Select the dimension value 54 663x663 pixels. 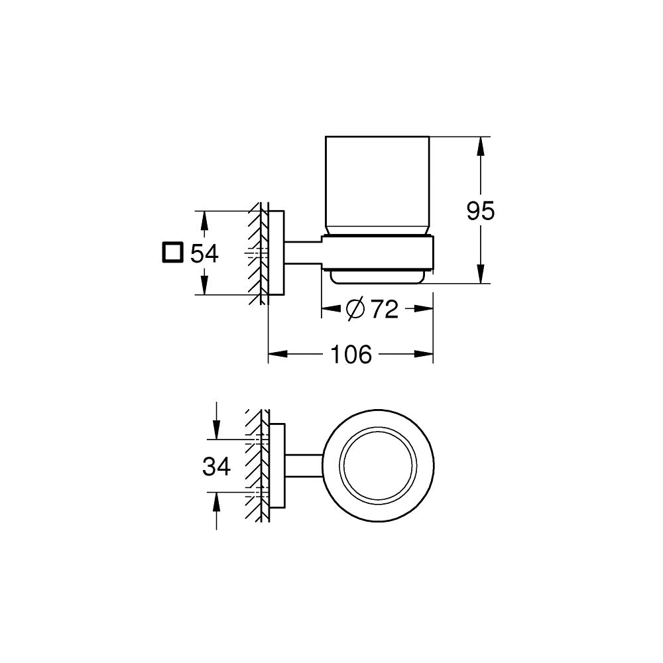[204, 253]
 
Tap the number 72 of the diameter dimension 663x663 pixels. [384, 308]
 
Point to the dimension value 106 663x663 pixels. [351, 355]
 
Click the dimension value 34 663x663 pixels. [216, 467]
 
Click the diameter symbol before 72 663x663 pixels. [355, 308]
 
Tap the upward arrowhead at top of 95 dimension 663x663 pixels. [484, 144]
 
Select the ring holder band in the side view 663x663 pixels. [378, 252]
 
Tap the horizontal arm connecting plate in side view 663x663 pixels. [304, 252]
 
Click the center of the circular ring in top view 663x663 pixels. [378, 466]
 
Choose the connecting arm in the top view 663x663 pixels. [304, 466]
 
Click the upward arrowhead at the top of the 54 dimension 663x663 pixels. [204, 218]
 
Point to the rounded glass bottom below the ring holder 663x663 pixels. [378, 276]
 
